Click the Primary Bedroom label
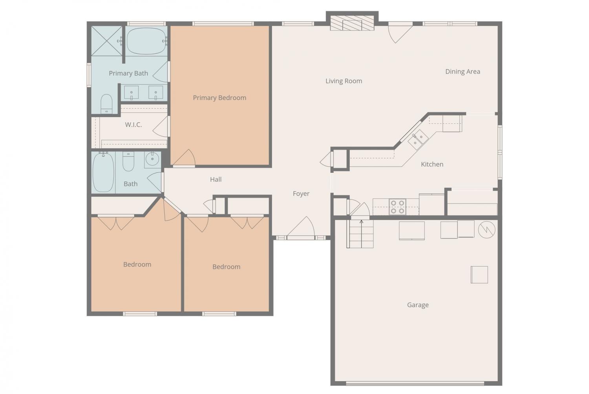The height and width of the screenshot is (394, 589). click(220, 98)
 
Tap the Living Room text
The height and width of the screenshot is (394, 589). click(344, 81)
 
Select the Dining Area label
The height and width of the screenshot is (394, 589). click(463, 71)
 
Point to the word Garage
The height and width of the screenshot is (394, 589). click(418, 305)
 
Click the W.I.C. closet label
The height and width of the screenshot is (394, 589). click(134, 125)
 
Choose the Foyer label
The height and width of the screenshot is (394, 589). click(301, 194)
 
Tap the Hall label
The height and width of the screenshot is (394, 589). click(216, 180)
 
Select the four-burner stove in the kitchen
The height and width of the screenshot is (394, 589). click(397, 207)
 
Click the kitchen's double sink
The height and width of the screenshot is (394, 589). click(418, 140)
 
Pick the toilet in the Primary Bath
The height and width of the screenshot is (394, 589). click(106, 104)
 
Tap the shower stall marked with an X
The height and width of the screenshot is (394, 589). click(107, 41)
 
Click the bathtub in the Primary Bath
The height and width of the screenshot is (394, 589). click(146, 41)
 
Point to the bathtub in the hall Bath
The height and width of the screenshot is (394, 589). click(103, 172)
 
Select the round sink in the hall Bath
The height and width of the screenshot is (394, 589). click(152, 159)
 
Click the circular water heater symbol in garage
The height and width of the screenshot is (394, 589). click(487, 230)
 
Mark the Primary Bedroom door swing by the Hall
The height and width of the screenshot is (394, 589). click(184, 158)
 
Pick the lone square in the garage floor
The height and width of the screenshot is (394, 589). click(479, 275)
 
